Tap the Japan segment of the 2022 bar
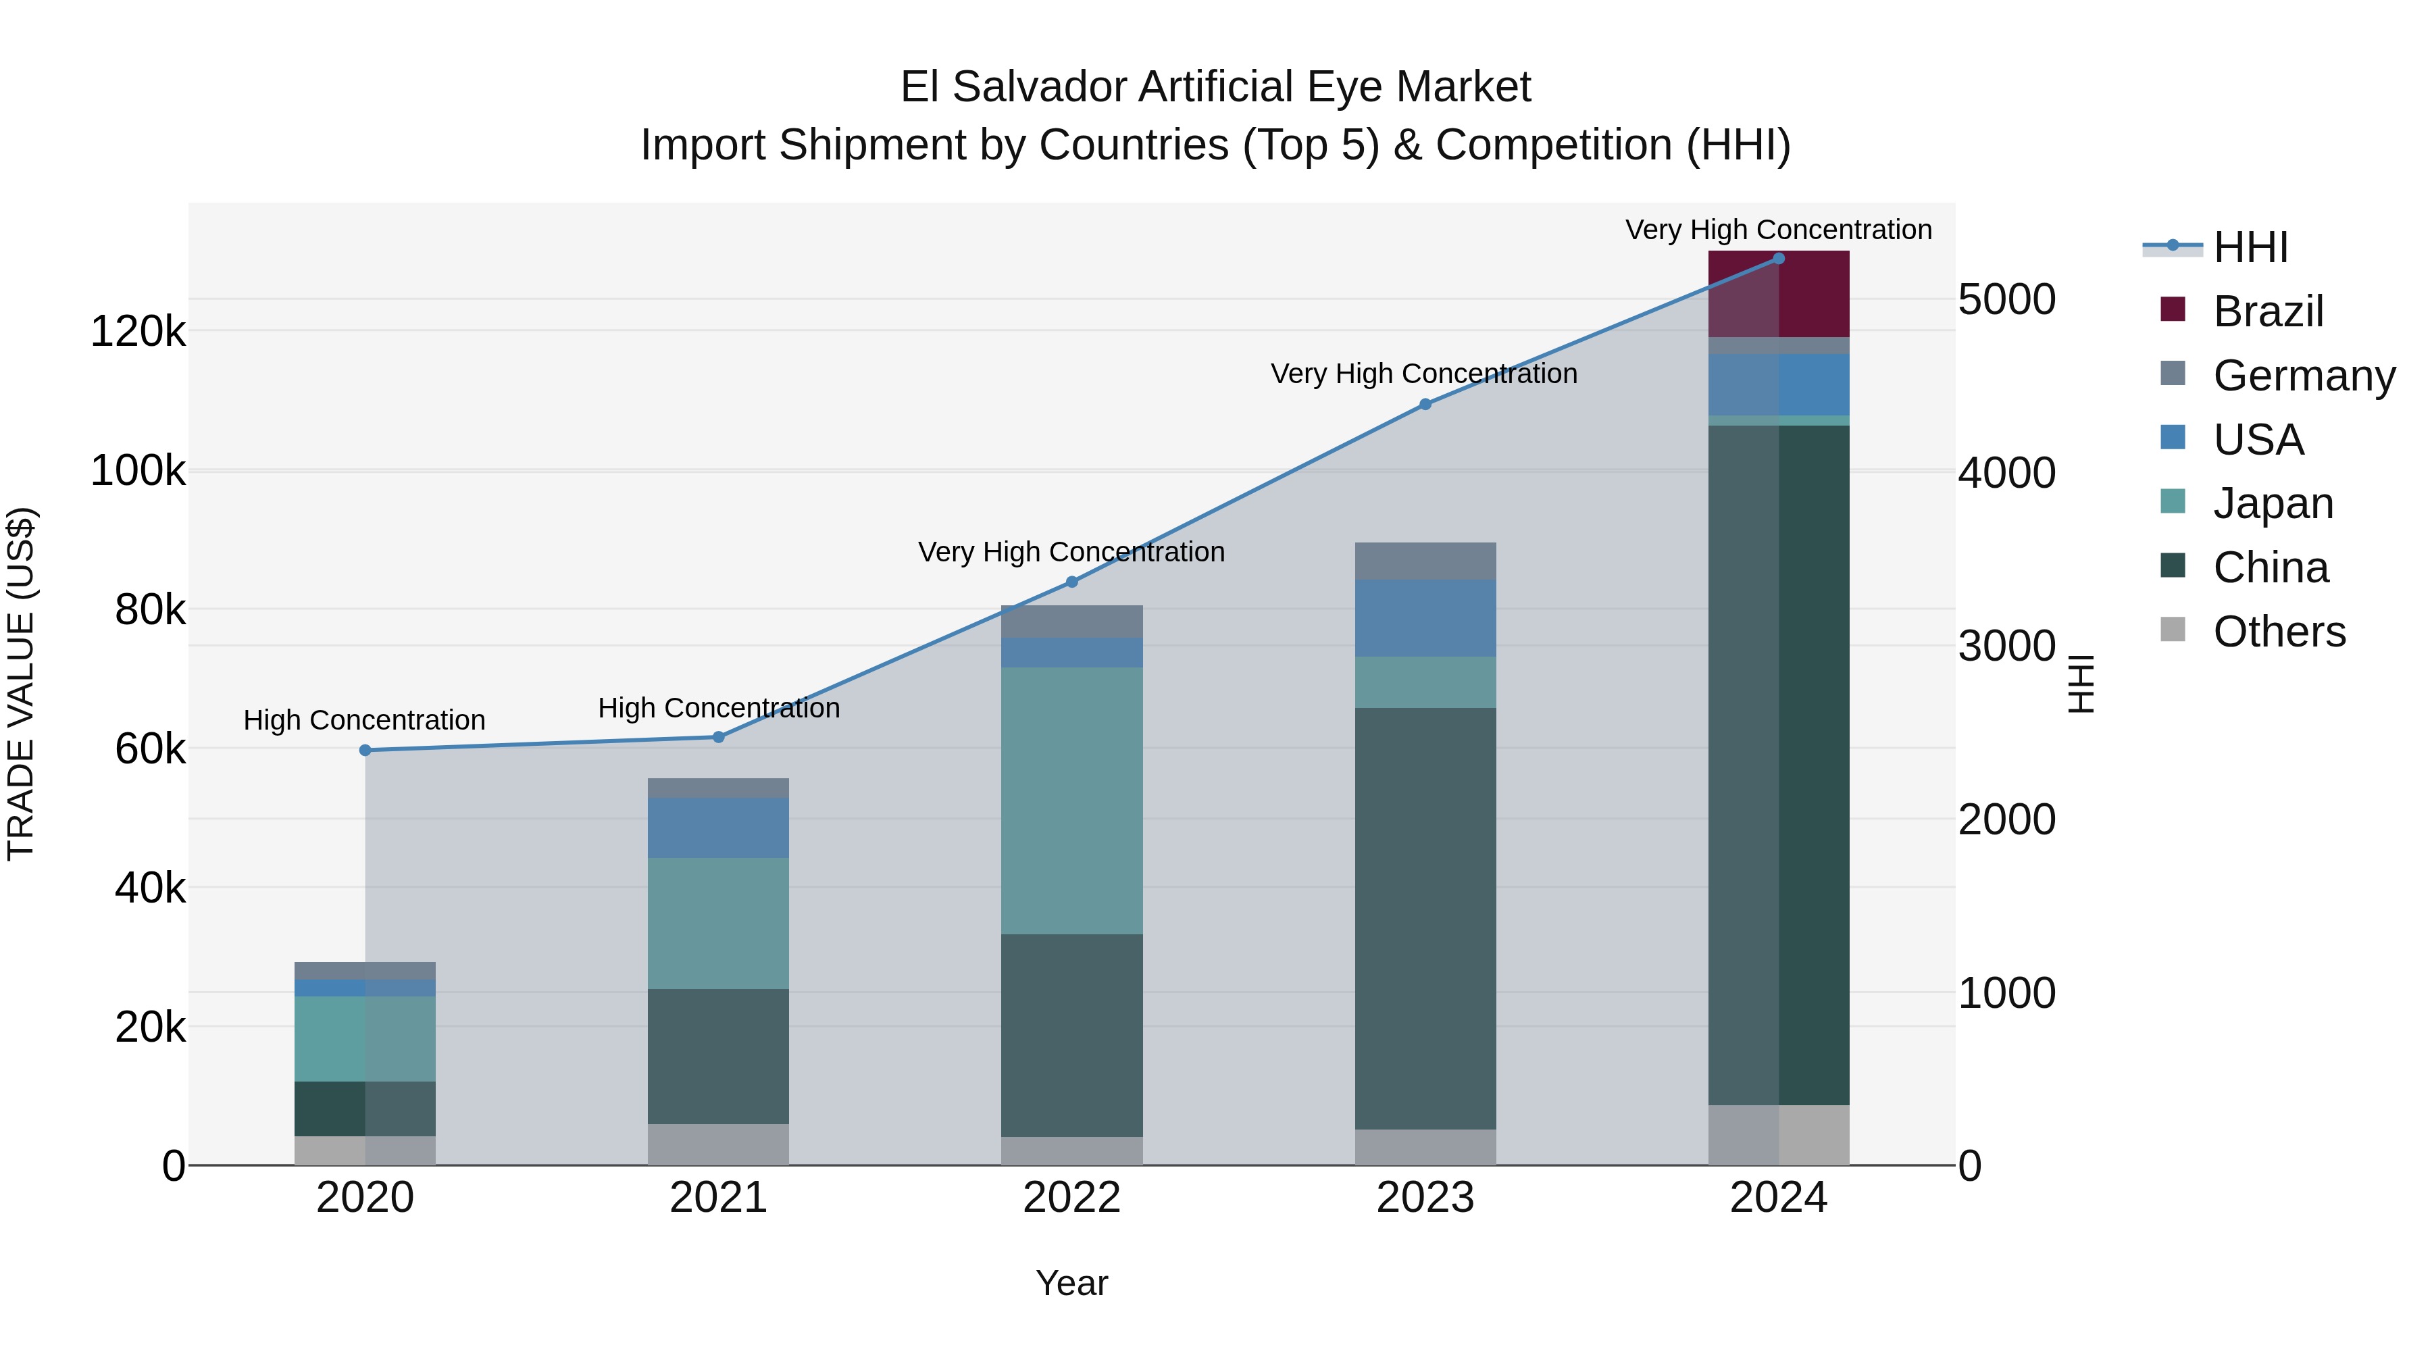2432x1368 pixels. pyautogui.click(x=1071, y=800)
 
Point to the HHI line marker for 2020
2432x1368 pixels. pyautogui.click(x=365, y=751)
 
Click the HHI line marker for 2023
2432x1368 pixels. pyautogui.click(x=1425, y=404)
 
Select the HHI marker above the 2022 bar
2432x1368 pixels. pyautogui.click(x=1071, y=582)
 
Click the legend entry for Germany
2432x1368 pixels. pyautogui.click(x=2304, y=375)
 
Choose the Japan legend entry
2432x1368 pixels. pyautogui.click(x=2273, y=503)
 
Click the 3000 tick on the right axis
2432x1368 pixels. pyautogui.click(x=2006, y=646)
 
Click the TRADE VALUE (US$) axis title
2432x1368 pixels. pyautogui.click(x=21, y=684)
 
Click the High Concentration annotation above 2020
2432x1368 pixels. pyautogui.click(x=364, y=720)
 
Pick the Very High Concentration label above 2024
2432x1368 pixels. pyautogui.click(x=1778, y=230)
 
